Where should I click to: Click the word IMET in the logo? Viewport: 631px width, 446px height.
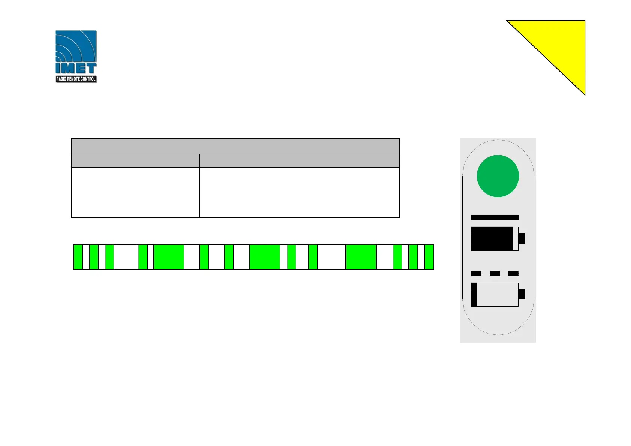(x=76, y=69)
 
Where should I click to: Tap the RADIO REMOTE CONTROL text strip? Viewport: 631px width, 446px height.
(x=76, y=79)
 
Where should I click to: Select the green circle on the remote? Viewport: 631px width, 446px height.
(x=498, y=176)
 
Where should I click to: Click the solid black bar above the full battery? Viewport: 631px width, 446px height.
(x=495, y=218)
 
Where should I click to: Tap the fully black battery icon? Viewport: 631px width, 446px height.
(x=492, y=239)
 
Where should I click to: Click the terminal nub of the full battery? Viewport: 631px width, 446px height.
(x=521, y=239)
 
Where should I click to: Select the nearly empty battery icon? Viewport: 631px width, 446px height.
(x=495, y=295)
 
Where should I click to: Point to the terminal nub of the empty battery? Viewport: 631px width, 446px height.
(x=521, y=294)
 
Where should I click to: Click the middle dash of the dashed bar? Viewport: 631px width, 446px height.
(x=495, y=274)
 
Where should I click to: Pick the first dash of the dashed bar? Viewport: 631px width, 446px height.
(x=476, y=274)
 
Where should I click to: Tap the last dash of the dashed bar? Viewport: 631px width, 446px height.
(x=513, y=274)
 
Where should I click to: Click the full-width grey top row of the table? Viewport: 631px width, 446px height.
(x=235, y=146)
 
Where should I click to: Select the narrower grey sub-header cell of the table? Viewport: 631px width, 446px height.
(x=135, y=161)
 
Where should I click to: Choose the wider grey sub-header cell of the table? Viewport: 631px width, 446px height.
(x=299, y=161)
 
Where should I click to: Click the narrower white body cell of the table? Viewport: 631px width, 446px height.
(x=135, y=192)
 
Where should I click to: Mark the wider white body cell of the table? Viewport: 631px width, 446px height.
(x=299, y=192)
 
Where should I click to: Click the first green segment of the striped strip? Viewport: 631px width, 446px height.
(x=78, y=257)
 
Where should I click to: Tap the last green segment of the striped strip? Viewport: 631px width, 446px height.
(x=429, y=257)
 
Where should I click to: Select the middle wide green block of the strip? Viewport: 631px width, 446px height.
(x=264, y=257)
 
